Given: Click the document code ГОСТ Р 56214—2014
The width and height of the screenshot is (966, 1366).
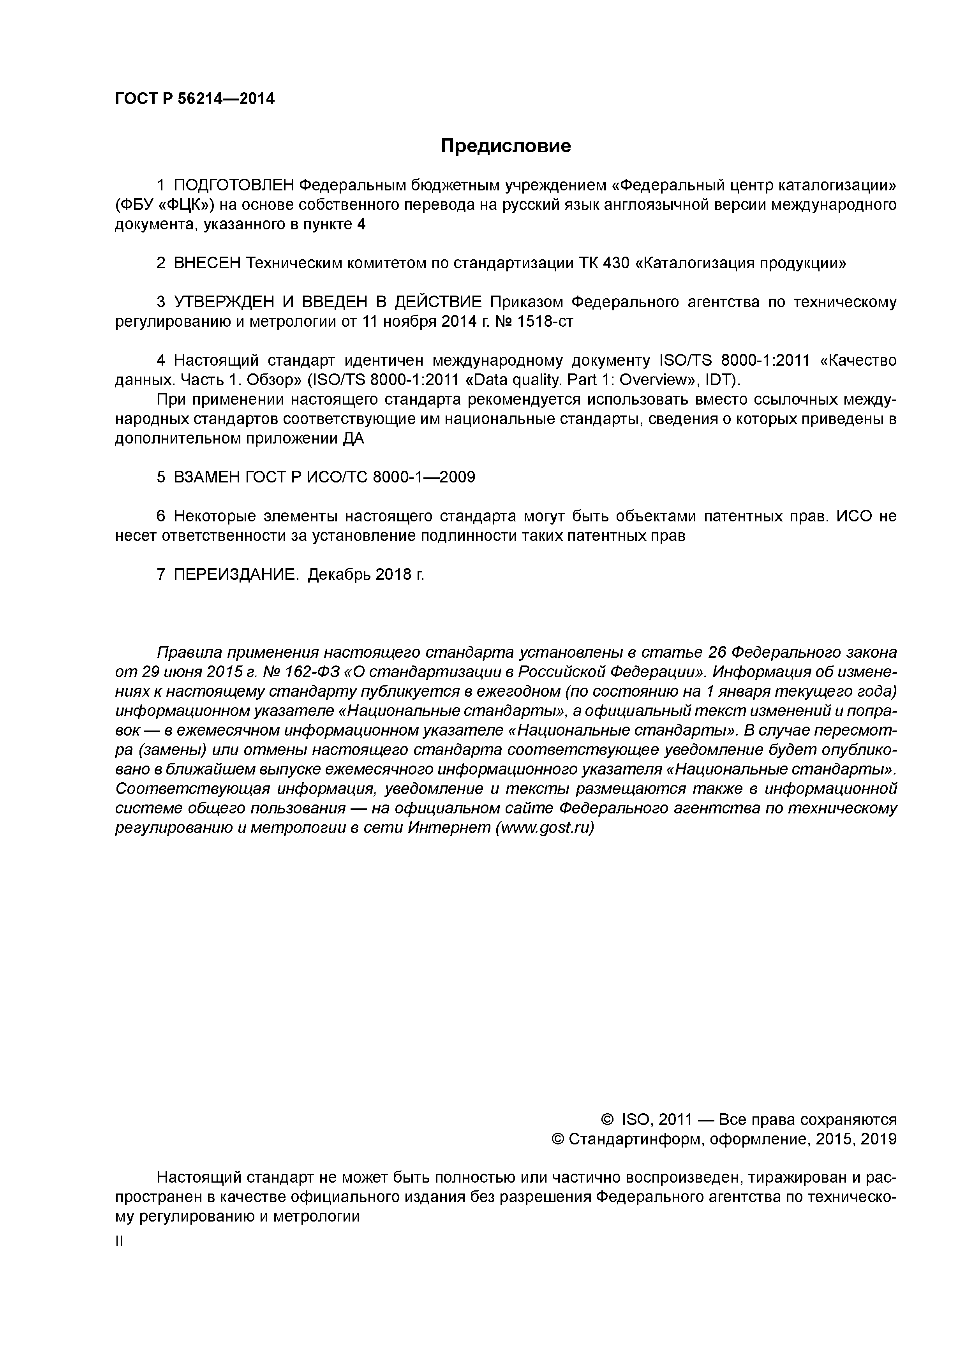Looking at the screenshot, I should (x=195, y=99).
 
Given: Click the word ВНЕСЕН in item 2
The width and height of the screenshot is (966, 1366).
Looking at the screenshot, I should (x=207, y=263).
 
